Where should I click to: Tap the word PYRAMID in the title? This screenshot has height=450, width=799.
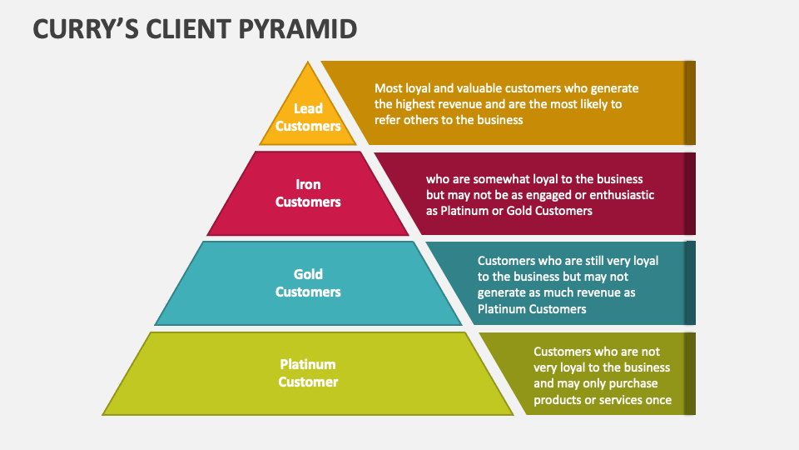(305, 29)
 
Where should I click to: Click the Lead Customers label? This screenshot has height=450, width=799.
(308, 117)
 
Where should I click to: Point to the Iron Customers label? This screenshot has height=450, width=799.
(308, 193)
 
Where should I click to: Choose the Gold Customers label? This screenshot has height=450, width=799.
(308, 283)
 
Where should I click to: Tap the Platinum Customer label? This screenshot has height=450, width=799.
(308, 373)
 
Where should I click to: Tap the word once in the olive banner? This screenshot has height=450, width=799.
(657, 400)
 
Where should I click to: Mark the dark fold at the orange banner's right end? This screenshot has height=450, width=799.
(689, 102)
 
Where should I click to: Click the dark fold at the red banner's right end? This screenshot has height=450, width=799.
(689, 193)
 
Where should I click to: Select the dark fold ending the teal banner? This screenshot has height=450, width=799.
(689, 283)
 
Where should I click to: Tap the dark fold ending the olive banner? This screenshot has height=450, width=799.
(689, 373)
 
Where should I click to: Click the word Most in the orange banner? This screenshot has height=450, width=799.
(389, 88)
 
